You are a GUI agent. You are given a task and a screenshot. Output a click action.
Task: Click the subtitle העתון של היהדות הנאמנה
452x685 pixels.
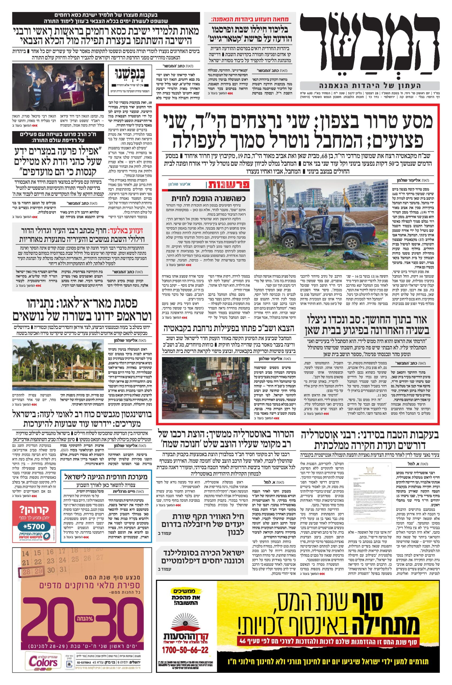pos(370,86)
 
